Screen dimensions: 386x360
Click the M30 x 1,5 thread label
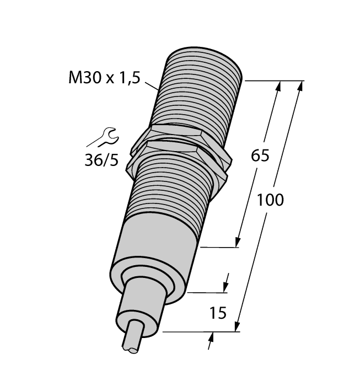coord(104,78)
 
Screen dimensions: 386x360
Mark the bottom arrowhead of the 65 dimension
coord(238,242)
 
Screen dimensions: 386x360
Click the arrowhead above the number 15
coord(225,286)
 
